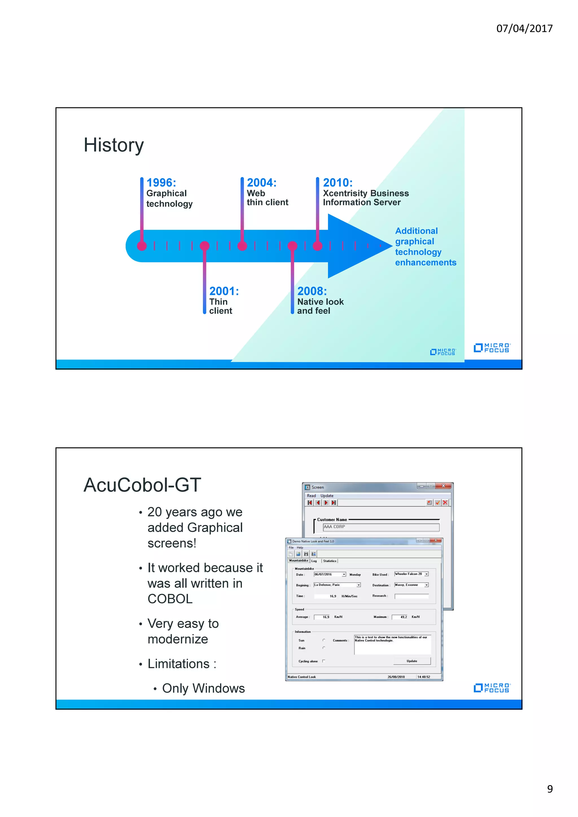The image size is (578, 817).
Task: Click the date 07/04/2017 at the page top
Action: (524, 28)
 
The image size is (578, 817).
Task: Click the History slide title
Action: (114, 145)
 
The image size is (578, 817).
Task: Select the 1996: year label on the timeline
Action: (161, 183)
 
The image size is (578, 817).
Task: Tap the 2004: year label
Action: (261, 183)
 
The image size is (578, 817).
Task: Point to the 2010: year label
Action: (338, 183)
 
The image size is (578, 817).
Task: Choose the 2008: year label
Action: (312, 291)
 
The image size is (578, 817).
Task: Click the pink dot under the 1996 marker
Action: (142, 246)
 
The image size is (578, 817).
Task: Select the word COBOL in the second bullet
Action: (170, 599)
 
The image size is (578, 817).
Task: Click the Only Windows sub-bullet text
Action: (203, 688)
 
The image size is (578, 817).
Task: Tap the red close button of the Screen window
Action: (443, 486)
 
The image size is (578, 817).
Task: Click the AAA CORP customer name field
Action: (381, 527)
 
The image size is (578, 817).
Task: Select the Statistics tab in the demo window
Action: (329, 561)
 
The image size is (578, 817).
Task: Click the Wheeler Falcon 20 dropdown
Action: (411, 574)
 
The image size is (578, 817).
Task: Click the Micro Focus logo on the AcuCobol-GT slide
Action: (492, 688)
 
